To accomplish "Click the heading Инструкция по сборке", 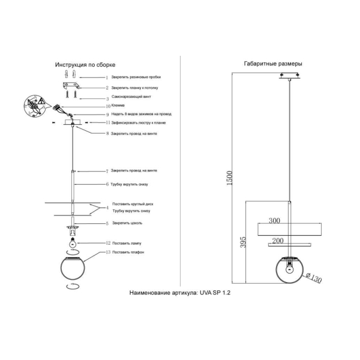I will (85, 64).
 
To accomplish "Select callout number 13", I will (107, 253).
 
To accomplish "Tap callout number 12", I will (107, 244).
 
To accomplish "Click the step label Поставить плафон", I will (128, 253).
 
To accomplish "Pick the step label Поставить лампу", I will (127, 244).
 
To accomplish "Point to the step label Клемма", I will (118, 106).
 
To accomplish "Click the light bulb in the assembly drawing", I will (73, 243).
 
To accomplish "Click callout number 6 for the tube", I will (107, 184).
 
